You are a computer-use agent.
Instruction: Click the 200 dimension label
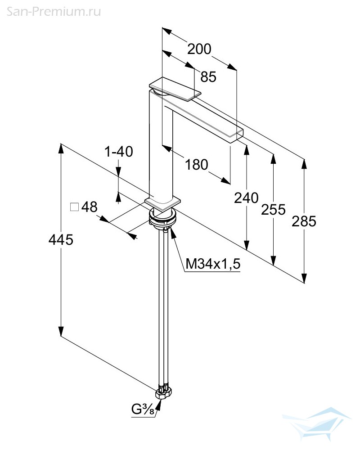coord(199,49)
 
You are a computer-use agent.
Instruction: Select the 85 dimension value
coord(208,77)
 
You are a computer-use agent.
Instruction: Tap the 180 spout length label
coord(197,165)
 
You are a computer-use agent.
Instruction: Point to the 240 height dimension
coord(246,198)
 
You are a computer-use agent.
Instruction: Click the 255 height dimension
coord(273,209)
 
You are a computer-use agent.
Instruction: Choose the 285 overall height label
coord(304,221)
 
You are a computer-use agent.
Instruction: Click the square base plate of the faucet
coord(162,203)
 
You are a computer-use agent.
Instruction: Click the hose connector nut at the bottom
coord(163,393)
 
